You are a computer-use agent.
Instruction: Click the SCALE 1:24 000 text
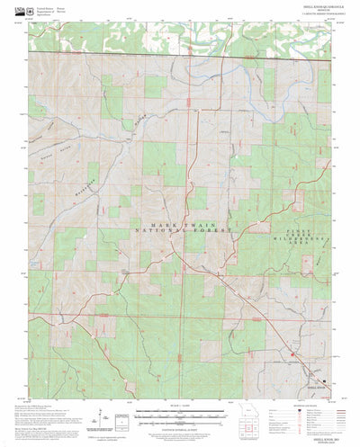pos(180,380)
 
